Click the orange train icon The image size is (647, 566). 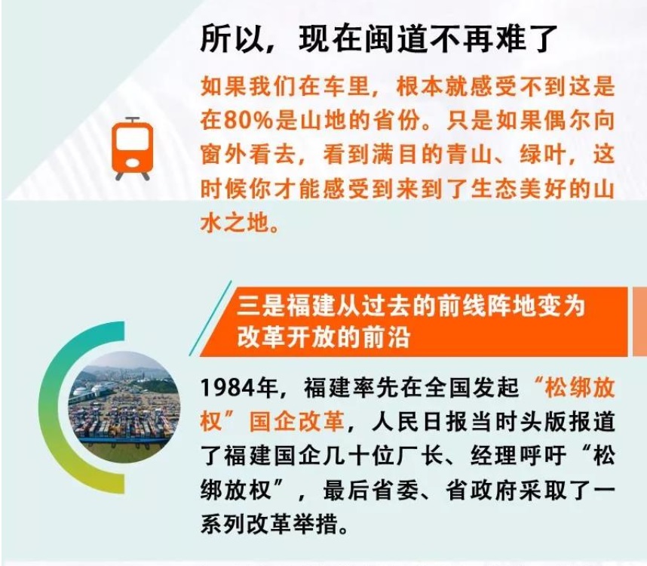(132, 148)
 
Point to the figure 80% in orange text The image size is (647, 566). (249, 121)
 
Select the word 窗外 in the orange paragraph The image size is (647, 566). (225, 155)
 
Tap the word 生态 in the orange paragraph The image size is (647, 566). (493, 189)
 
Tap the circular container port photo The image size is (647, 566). (124, 408)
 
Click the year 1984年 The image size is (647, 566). (239, 388)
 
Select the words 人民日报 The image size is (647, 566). (419, 422)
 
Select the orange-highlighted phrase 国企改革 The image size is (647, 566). (296, 422)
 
